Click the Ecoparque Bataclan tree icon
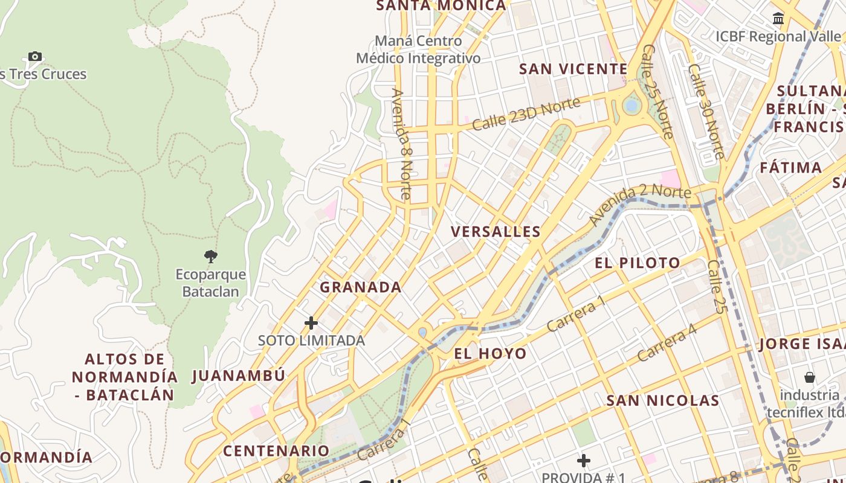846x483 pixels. point(211,257)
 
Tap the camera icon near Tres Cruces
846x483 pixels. point(35,56)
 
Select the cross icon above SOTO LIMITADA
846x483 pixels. point(311,323)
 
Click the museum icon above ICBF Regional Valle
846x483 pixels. point(778,19)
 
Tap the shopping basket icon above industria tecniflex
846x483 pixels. point(810,377)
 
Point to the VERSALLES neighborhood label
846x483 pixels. point(496,231)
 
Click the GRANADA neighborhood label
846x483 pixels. point(360,287)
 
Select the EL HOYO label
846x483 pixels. point(490,354)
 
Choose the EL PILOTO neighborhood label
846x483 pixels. point(637,263)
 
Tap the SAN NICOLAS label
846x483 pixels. point(663,401)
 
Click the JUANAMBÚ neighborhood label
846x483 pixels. point(238,376)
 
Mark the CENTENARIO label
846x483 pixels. point(276,451)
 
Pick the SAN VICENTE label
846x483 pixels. point(573,69)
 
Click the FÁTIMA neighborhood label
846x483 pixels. point(790,167)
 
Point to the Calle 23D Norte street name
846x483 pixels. point(526,114)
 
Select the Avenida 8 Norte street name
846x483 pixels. point(402,145)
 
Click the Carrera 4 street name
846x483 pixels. point(667,342)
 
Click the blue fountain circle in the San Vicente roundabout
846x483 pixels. point(631,106)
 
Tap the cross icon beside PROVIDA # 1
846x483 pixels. point(583,461)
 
